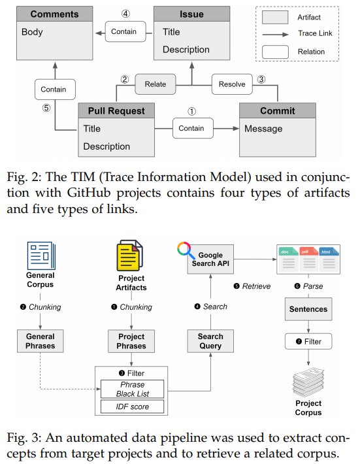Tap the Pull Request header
pos(116,111)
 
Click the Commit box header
pos(278,111)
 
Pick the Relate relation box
pos(155,84)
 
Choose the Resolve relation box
pos(232,84)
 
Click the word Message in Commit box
pos(263,129)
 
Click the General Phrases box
pos(41,341)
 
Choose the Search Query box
pos(210,341)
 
